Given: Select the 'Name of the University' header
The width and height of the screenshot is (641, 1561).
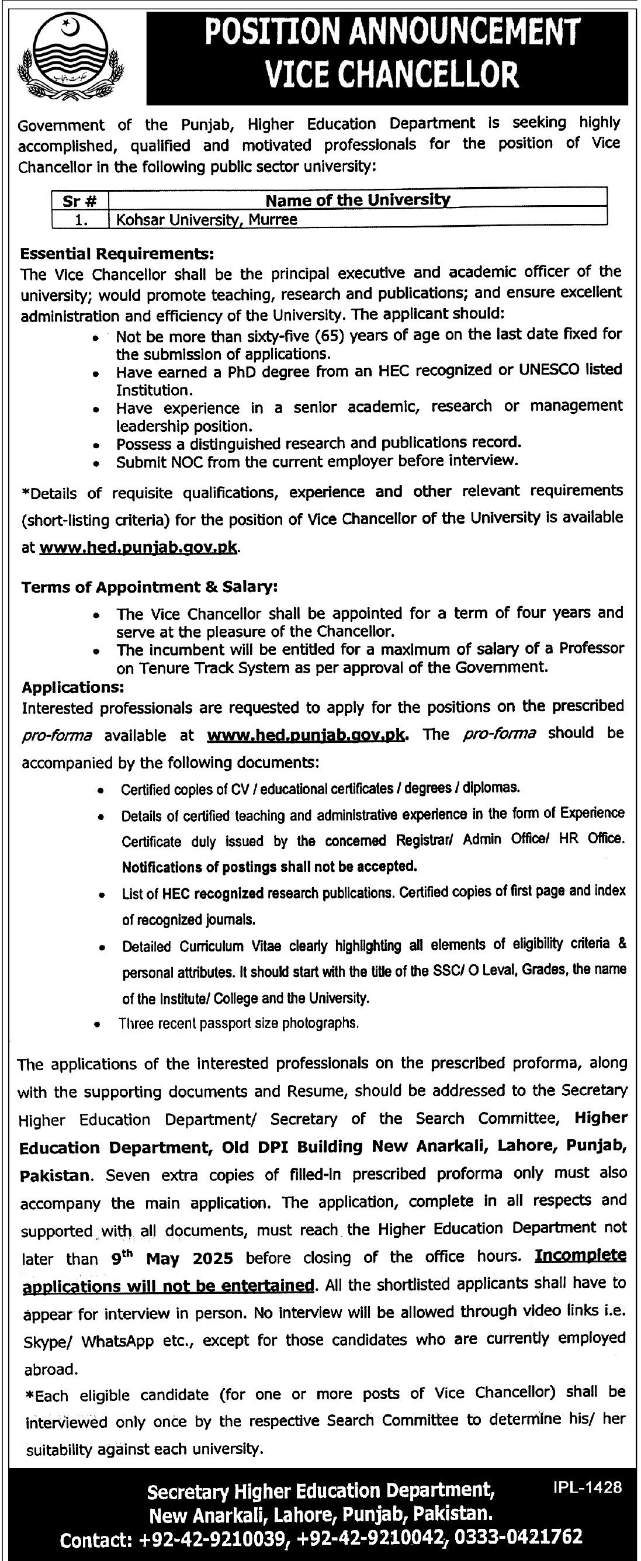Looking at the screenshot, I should tap(358, 199).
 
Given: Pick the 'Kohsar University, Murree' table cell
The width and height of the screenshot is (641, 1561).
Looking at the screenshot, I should tap(203, 219).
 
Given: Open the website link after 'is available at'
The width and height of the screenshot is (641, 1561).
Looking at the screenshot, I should tap(138, 548).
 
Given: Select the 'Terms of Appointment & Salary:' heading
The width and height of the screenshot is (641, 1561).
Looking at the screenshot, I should tap(150, 587).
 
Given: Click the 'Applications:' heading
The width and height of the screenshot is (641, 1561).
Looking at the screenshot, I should tap(73, 687).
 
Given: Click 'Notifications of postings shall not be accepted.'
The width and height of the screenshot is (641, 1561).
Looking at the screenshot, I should tap(269, 867).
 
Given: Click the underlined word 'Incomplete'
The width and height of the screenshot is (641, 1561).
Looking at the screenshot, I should tap(580, 1255).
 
